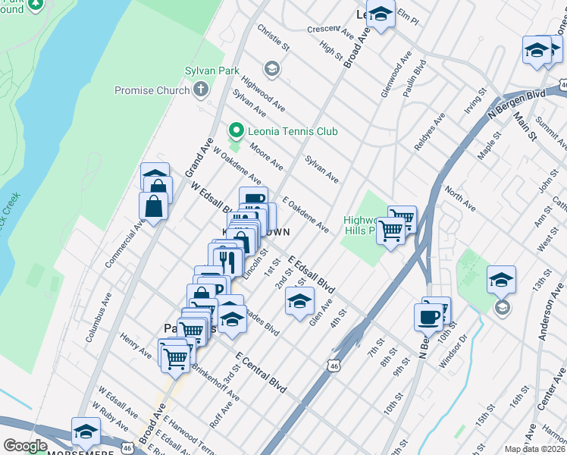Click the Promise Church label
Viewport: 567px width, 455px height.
pyautogui.click(x=152, y=91)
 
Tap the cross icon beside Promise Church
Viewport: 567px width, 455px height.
pyautogui.click(x=201, y=90)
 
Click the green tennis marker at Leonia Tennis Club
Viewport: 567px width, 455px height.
pyautogui.click(x=236, y=131)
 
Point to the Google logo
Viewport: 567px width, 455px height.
pyautogui.click(x=25, y=446)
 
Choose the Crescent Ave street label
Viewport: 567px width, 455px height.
pyautogui.click(x=331, y=31)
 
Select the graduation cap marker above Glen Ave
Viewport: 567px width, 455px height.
pyautogui.click(x=299, y=301)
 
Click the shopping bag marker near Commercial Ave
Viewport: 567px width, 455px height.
pyautogui.click(x=153, y=206)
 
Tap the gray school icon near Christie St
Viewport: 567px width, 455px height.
pyautogui.click(x=272, y=69)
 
